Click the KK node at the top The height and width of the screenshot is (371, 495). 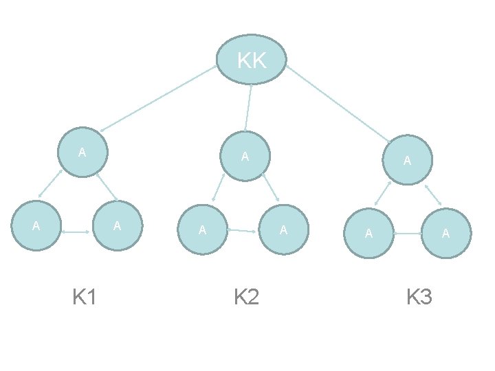251,60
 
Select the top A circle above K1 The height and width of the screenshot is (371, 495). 82,152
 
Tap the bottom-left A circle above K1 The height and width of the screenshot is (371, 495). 36,225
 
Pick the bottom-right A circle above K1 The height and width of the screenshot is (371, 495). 118,225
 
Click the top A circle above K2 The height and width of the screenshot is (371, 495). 244,156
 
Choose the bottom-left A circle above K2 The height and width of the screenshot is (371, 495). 202,229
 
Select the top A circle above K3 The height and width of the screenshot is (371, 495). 408,160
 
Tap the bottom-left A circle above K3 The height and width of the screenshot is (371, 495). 368,234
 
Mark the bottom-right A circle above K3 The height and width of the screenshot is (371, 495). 446,234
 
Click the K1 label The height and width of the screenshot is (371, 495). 85,297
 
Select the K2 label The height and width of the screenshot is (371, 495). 246,297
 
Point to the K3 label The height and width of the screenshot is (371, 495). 419,297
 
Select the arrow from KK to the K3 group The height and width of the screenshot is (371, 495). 337,103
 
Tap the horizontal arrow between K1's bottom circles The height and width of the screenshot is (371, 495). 76,234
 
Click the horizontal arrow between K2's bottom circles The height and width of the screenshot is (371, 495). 243,231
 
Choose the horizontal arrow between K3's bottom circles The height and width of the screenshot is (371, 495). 407,234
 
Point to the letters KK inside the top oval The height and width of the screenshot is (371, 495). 252,61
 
